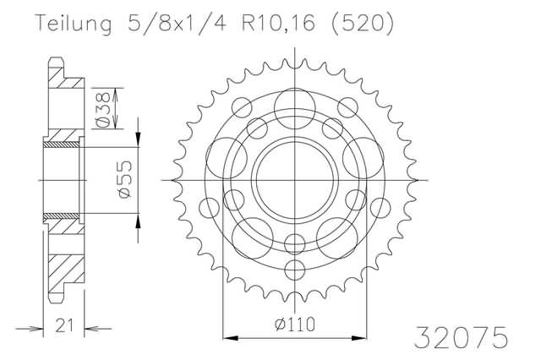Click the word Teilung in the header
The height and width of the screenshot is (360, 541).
74,25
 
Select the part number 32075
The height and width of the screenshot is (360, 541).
461,337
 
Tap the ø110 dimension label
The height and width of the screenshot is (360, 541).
295,325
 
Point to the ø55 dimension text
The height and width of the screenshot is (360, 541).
124,180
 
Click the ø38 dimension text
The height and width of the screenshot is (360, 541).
103,109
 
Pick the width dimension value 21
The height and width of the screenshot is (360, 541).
64,325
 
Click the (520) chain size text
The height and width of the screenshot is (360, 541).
362,25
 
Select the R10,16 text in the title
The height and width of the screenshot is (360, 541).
279,24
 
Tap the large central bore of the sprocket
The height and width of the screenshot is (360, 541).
295,180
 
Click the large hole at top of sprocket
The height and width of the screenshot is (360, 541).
295,109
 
